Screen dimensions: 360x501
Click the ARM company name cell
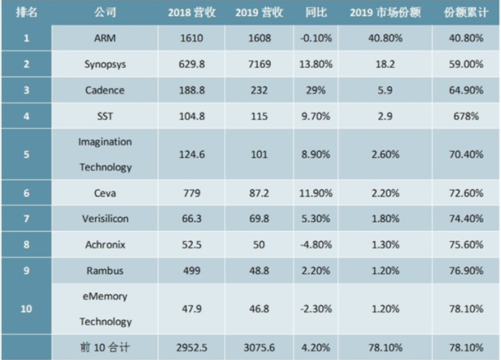click(x=105, y=39)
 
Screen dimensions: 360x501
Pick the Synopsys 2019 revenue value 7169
click(x=259, y=64)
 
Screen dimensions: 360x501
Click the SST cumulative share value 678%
click(x=466, y=116)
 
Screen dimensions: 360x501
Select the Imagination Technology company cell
click(x=105, y=154)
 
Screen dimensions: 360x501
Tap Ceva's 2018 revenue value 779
click(x=192, y=193)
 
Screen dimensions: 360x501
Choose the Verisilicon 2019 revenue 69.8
click(x=259, y=218)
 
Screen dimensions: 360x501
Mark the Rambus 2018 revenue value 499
click(x=192, y=270)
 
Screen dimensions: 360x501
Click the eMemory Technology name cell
click(x=105, y=308)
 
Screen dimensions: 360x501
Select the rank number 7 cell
click(x=26, y=218)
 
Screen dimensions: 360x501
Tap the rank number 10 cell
click(x=26, y=308)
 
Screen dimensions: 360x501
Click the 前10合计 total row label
click(x=105, y=348)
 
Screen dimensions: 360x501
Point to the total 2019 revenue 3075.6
click(x=259, y=348)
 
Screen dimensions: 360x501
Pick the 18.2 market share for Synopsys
click(x=384, y=64)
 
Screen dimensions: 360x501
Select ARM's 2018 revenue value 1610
click(x=192, y=39)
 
